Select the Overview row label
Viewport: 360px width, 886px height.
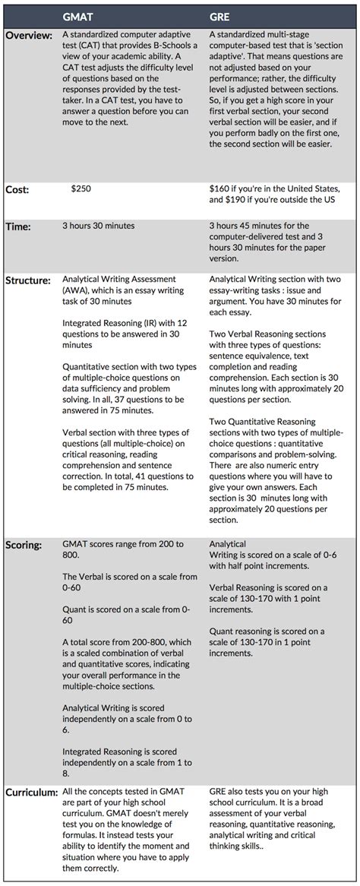coord(30,36)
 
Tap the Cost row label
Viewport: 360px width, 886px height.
coord(17,189)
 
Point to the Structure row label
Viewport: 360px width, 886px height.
coord(29,280)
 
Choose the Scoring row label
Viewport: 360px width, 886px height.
coord(25,545)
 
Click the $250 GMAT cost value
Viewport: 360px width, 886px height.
coord(82,188)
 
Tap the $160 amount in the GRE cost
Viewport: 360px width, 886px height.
coord(220,188)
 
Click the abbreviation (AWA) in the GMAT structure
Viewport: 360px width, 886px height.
coord(78,291)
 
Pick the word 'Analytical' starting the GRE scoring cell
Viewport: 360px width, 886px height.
coord(227,544)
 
